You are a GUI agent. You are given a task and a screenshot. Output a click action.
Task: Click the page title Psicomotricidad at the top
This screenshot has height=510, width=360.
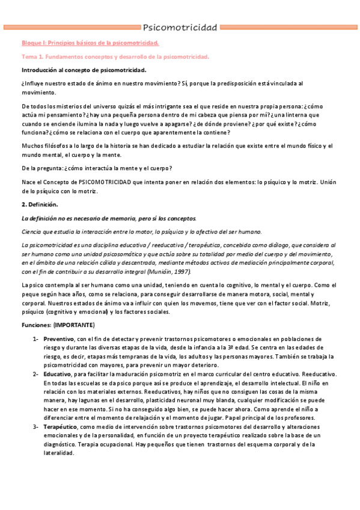[x=180, y=27]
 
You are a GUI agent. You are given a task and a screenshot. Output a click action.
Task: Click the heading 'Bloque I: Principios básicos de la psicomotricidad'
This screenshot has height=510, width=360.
[x=90, y=43]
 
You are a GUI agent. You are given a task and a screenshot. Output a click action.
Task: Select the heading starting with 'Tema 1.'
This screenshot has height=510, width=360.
[x=115, y=57]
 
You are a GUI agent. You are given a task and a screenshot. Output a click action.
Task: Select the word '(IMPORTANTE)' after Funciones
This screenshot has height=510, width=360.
[x=73, y=325]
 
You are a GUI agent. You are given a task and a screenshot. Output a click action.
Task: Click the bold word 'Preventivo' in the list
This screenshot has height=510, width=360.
[x=59, y=339]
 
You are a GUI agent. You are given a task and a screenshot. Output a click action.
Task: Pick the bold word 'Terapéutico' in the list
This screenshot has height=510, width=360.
[x=61, y=426]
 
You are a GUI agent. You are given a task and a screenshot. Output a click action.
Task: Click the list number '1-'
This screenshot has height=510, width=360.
[x=36, y=339]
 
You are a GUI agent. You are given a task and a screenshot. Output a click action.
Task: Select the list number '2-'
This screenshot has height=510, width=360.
[x=36, y=374]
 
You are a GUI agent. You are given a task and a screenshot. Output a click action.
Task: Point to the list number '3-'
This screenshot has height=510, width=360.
[x=36, y=426]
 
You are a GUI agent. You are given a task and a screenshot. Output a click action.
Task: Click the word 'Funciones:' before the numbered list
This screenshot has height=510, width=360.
[x=35, y=325]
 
